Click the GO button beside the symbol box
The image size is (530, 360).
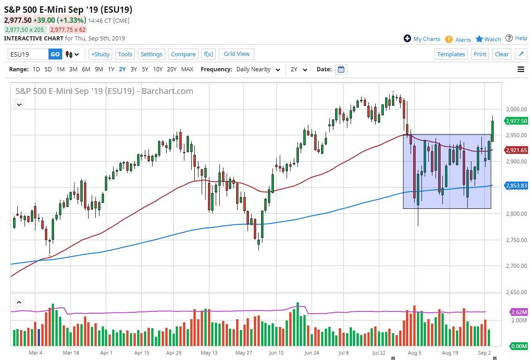click(55, 54)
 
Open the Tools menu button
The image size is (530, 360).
click(125, 54)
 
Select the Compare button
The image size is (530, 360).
click(183, 54)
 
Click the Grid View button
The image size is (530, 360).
click(237, 54)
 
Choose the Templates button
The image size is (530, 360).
click(451, 54)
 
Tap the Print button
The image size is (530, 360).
click(480, 54)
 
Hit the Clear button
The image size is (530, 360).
click(502, 54)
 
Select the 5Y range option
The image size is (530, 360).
click(145, 69)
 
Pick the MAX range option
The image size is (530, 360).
click(187, 69)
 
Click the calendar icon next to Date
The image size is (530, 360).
click(341, 69)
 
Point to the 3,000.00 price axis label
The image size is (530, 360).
click(516, 109)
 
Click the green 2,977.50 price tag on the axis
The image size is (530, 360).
click(516, 121)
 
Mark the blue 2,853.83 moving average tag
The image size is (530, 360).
click(516, 186)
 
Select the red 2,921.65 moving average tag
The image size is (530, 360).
click(516, 150)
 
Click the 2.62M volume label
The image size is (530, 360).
click(519, 312)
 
